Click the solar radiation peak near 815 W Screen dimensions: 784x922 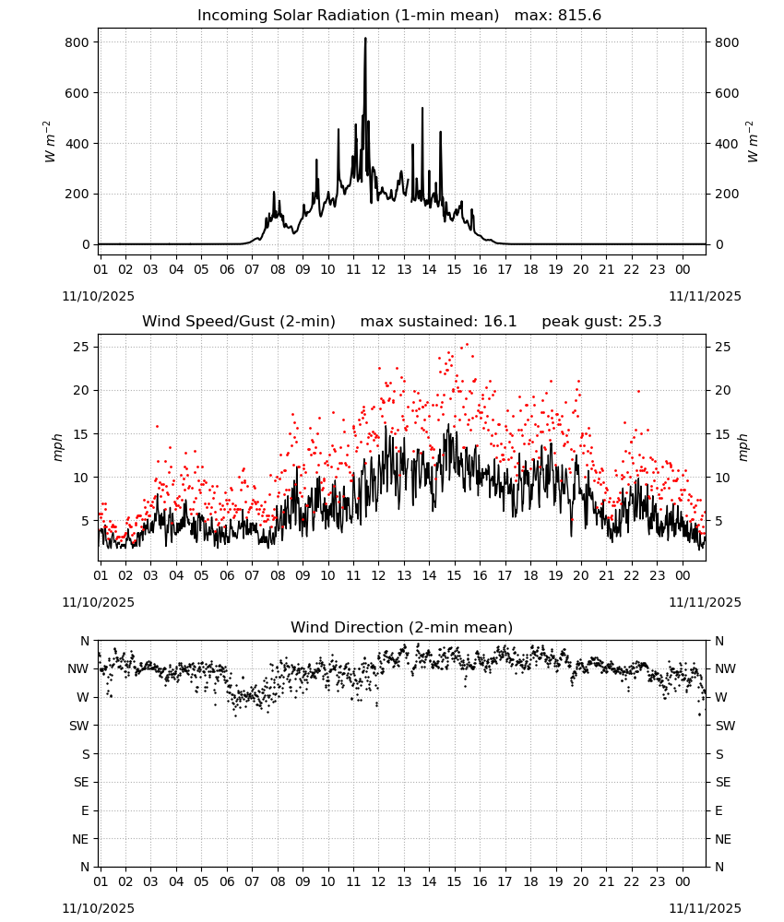pos(365,39)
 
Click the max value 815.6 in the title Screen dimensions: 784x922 pos(579,15)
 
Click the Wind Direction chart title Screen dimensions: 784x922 pos(402,627)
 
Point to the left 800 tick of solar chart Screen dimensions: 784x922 pos(77,42)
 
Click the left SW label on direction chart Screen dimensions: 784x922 pos(79,726)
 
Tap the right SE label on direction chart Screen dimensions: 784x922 pos(723,782)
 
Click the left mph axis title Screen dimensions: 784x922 pos(57,447)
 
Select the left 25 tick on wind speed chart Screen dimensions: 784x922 pos(81,347)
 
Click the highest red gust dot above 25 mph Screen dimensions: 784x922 pos(467,345)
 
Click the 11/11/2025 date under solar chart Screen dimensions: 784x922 pos(705,296)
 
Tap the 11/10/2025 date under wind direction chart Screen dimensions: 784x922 pos(98,908)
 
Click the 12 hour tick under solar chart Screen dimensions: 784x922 pos(378,269)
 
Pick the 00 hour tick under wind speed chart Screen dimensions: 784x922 pos(683,575)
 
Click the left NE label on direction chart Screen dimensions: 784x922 pos(80,839)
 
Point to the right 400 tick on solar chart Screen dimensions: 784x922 pos(727,144)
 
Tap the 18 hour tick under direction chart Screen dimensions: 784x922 pos(530,881)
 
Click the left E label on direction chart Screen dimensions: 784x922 pos(85,810)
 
